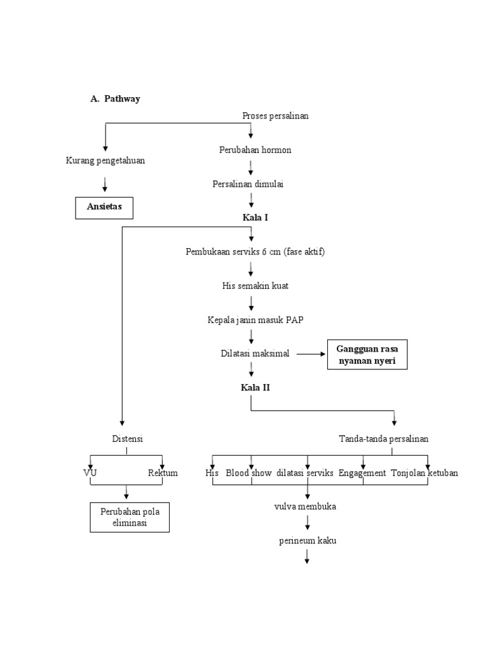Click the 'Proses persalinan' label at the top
(x=275, y=115)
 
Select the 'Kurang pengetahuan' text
(x=105, y=161)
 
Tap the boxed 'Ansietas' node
(x=105, y=208)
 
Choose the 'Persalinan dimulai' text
(x=248, y=184)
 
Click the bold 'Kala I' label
(x=255, y=218)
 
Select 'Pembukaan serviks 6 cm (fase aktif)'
(x=255, y=252)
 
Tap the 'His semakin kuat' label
(x=255, y=286)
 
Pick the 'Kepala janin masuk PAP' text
(x=255, y=319)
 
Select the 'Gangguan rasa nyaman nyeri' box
(x=367, y=354)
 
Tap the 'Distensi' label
(x=127, y=439)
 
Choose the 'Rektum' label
(x=163, y=473)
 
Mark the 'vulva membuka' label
(x=305, y=507)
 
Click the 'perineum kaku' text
(x=307, y=541)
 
